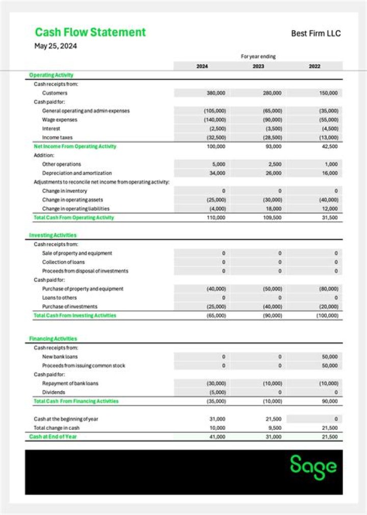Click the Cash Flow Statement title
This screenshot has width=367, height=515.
[90, 32]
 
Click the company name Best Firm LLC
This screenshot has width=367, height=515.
[316, 34]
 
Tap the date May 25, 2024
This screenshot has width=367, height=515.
[56, 46]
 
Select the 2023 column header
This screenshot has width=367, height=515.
[258, 66]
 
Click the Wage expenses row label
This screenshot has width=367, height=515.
[60, 120]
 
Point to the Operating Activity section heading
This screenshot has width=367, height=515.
[51, 75]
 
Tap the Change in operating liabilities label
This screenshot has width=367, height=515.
[75, 209]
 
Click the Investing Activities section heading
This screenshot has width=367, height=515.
[53, 235]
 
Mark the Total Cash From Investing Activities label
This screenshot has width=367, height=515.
[74, 316]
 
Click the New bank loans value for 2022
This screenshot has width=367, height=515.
[329, 357]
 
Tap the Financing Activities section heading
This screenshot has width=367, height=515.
[53, 339]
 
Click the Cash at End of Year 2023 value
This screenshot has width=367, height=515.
[273, 437]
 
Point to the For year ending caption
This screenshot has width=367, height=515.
[258, 57]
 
